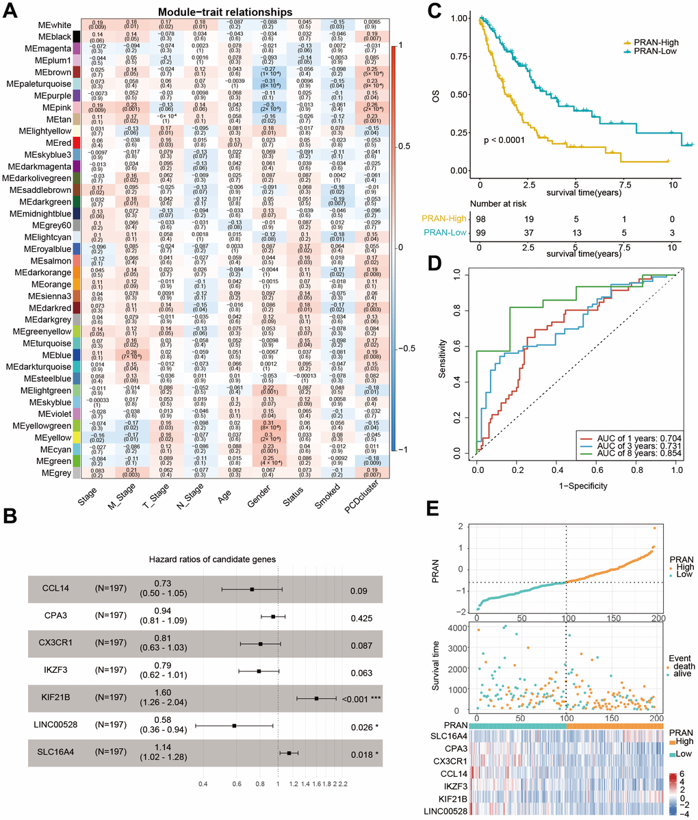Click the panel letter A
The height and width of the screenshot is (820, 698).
coord(11,12)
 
